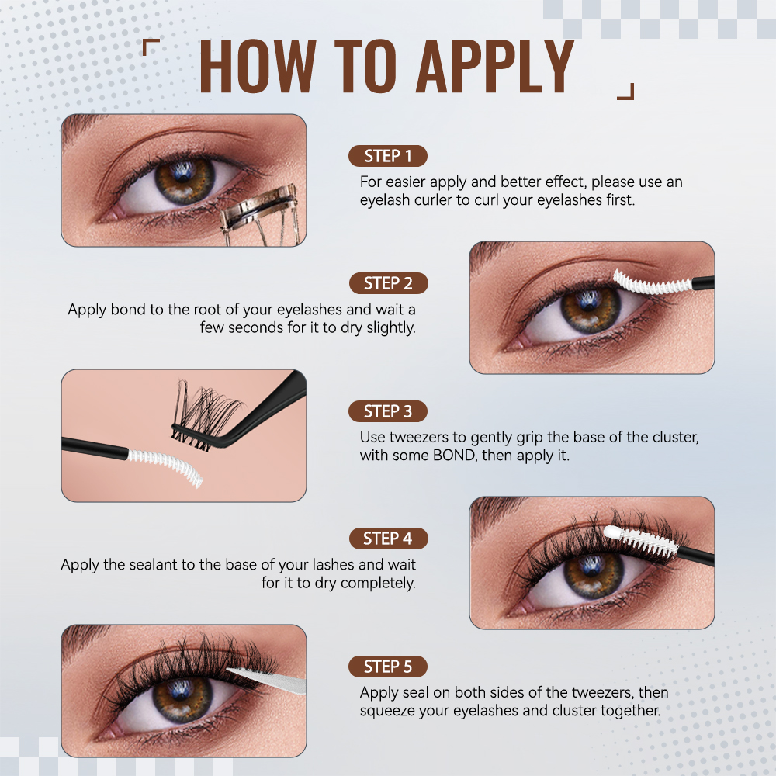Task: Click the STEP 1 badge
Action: click(388, 156)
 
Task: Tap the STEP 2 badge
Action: click(388, 283)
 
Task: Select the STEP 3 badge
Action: click(388, 411)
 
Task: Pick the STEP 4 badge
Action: click(388, 539)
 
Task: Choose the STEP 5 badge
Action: click(388, 667)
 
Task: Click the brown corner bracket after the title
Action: click(625, 92)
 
